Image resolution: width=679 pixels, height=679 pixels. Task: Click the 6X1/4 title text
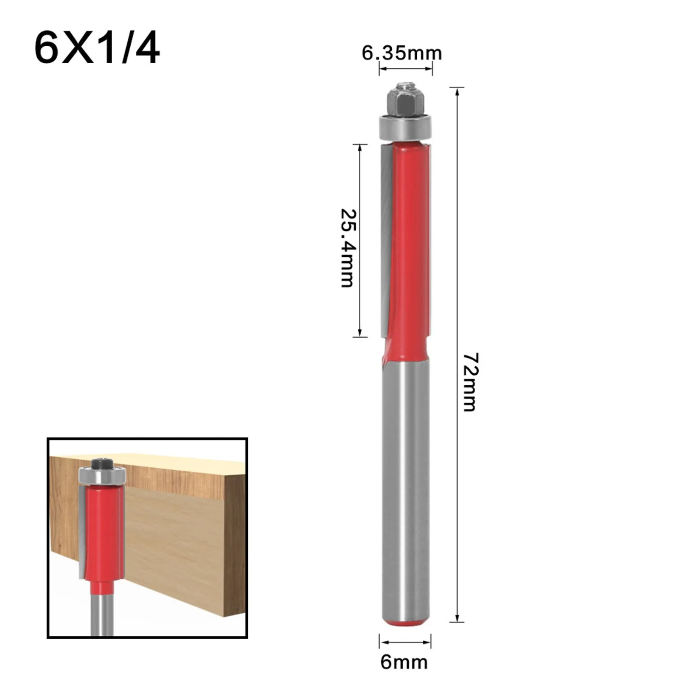pyautogui.click(x=97, y=49)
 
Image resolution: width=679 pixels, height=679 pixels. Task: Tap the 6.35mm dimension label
pyautogui.click(x=401, y=53)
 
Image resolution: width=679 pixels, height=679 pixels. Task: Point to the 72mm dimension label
pyautogui.click(x=469, y=382)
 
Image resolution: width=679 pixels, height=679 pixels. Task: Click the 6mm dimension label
pyautogui.click(x=404, y=662)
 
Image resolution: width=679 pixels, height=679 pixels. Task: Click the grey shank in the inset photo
pyautogui.click(x=102, y=615)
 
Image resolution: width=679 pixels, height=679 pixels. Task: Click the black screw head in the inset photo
pyautogui.click(x=102, y=462)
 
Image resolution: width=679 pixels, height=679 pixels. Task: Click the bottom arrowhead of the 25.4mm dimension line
pyautogui.click(x=360, y=333)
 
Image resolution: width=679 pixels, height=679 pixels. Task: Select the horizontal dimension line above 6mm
pyautogui.click(x=405, y=642)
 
